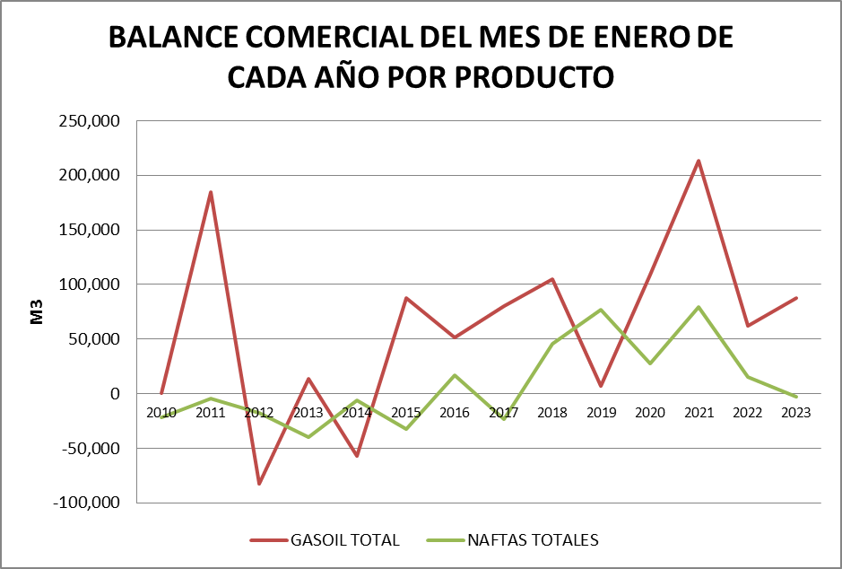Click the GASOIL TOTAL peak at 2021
coord(699,162)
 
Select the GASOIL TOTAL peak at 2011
coord(211,192)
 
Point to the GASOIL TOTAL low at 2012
coord(259,484)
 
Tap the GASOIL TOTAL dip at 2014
coord(357,456)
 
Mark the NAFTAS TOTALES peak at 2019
coord(601,310)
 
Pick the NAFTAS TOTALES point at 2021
coord(699,307)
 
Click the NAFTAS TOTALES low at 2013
coord(308,437)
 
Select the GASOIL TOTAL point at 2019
coord(601,386)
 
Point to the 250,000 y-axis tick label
coord(89,121)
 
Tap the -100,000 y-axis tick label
coord(86,503)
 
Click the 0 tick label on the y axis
coord(115,394)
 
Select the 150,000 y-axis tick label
coord(89,231)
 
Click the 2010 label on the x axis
coord(161,413)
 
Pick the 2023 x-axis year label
coord(796,413)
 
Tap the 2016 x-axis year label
coord(455,413)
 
